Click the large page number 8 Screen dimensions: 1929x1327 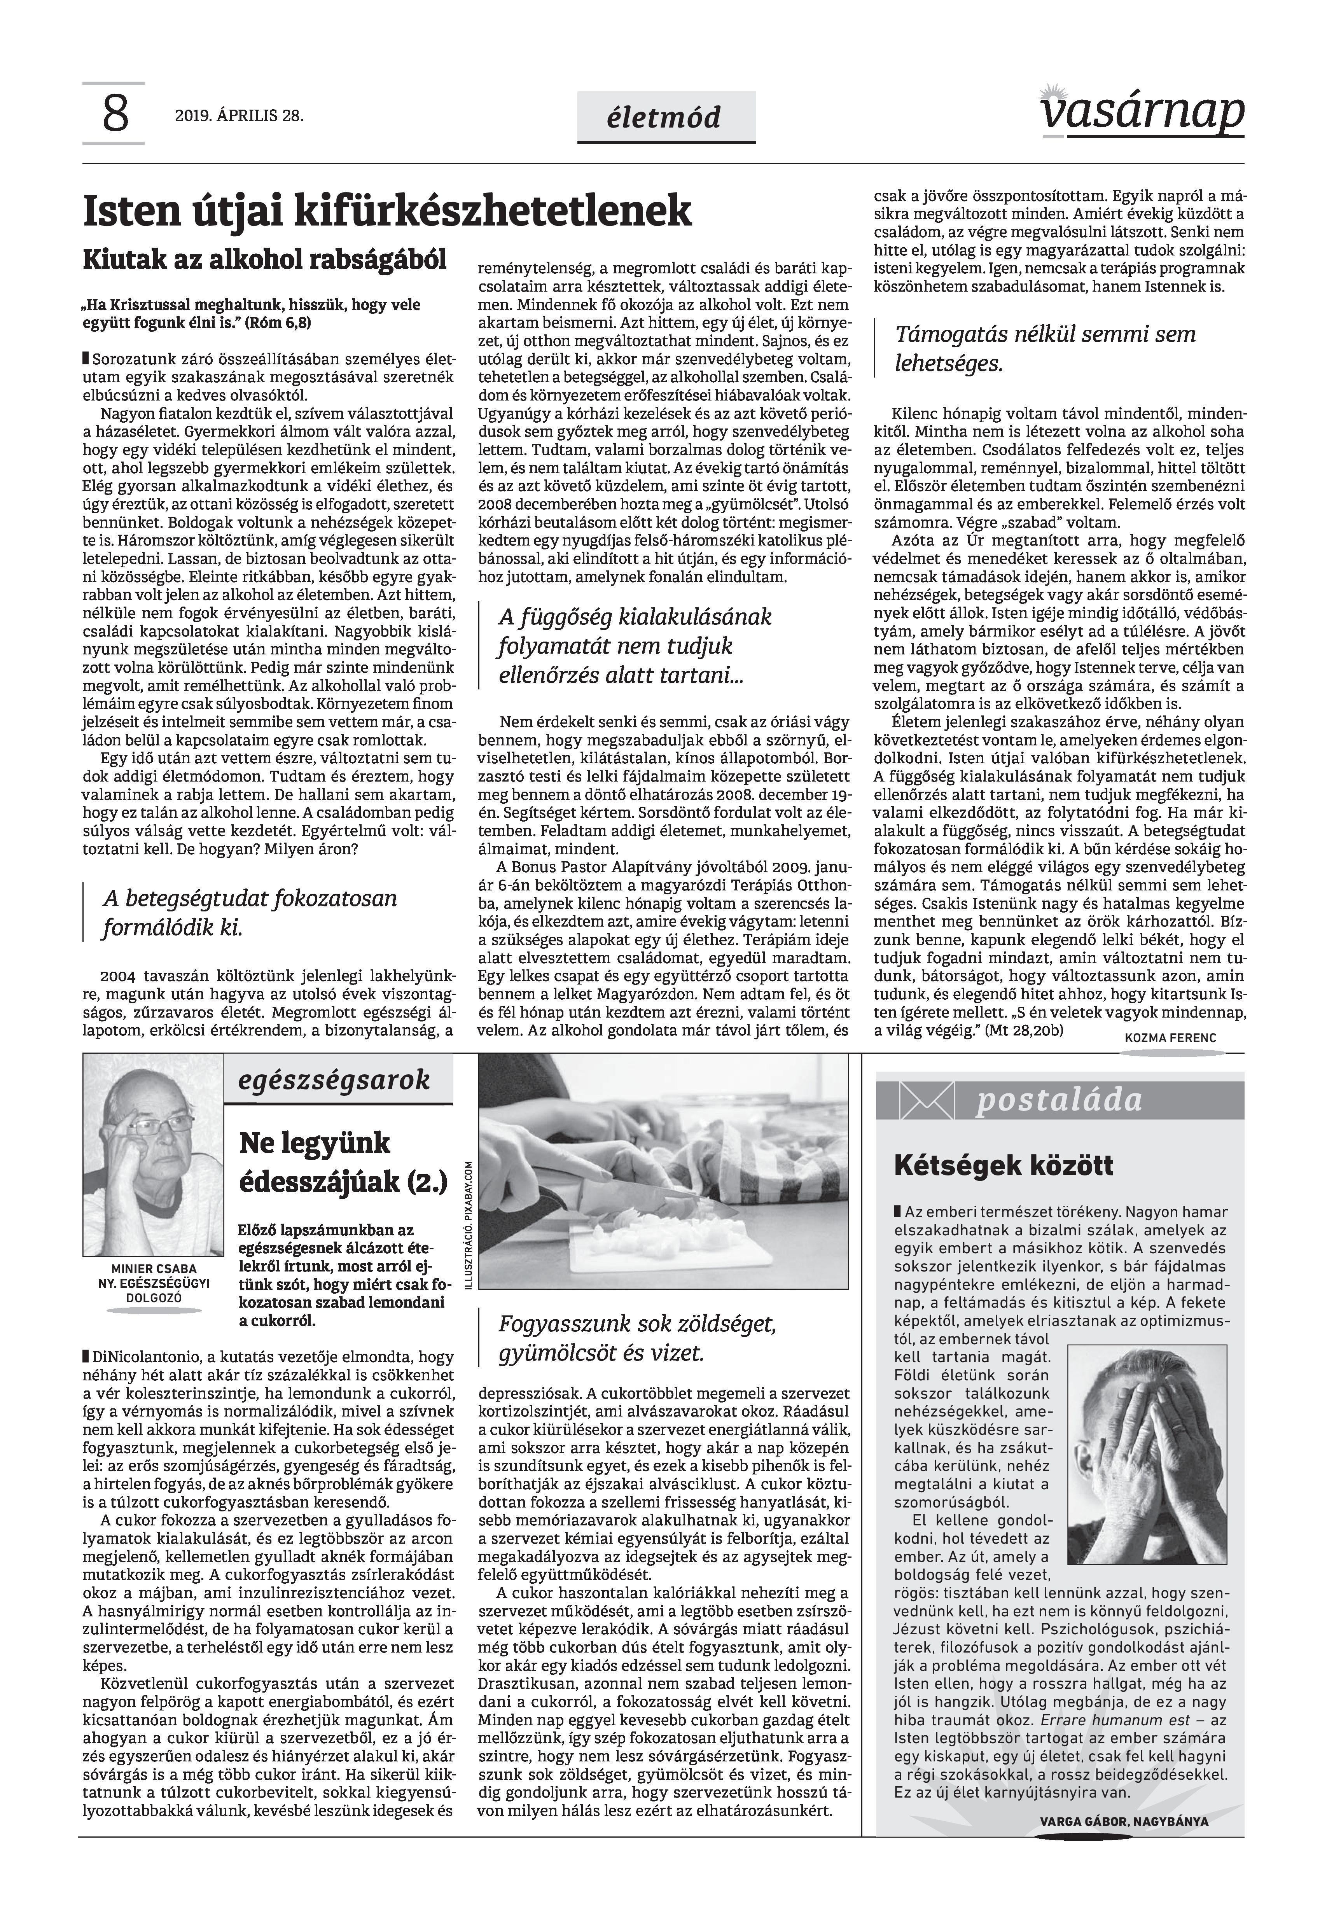tap(115, 115)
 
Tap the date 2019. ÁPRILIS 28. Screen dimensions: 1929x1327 tap(239, 116)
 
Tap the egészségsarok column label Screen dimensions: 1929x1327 tap(334, 1080)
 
